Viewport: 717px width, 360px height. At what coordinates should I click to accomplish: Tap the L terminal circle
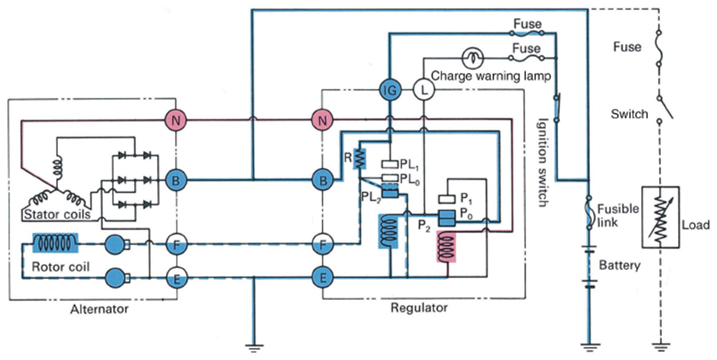click(422, 90)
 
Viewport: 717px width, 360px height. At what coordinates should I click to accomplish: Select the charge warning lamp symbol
click(472, 58)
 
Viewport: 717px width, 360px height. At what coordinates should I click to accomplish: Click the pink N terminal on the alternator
click(175, 119)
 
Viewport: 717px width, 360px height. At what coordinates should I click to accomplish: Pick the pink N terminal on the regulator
click(322, 119)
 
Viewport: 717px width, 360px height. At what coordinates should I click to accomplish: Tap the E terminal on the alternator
click(175, 278)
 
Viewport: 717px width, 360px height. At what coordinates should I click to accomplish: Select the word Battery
click(619, 265)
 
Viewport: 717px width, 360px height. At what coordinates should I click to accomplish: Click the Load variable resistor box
click(659, 216)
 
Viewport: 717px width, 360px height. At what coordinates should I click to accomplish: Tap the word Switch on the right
click(629, 115)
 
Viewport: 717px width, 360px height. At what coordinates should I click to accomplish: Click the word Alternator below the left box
click(100, 309)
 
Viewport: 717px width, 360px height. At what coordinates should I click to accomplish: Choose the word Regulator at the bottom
click(419, 308)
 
